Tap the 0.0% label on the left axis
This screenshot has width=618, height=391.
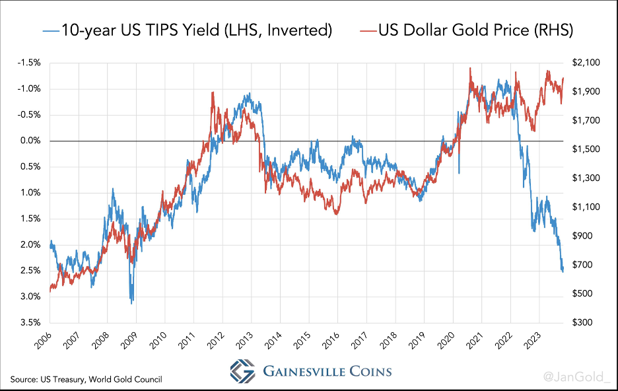(30, 141)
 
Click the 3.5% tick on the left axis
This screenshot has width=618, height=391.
(30, 322)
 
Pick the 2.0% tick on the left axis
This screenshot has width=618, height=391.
(30, 244)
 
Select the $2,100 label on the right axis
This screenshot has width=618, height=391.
(586, 63)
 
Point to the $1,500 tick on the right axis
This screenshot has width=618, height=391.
(586, 149)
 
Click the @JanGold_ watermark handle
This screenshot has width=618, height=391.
(577, 377)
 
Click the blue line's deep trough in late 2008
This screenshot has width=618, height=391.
(132, 302)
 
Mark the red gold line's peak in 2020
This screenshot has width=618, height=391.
(469, 67)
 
